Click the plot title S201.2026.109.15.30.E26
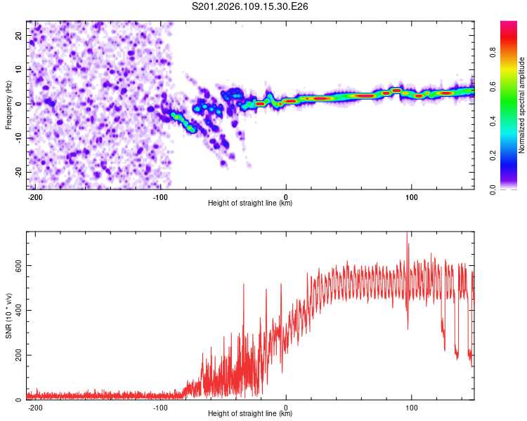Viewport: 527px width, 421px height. pyautogui.click(x=250, y=7)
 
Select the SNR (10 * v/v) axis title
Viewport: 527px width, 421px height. pyautogui.click(x=8, y=316)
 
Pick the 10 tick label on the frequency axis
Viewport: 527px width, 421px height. pyautogui.click(x=19, y=69)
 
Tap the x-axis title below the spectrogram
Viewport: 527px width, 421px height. pyautogui.click(x=250, y=203)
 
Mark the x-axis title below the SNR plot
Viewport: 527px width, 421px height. pyautogui.click(x=250, y=414)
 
